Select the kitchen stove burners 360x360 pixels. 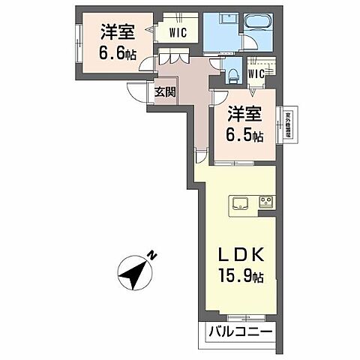(266, 202)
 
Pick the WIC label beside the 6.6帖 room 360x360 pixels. (178, 32)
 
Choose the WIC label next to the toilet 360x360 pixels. (256, 73)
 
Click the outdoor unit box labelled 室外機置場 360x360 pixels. (288, 124)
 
